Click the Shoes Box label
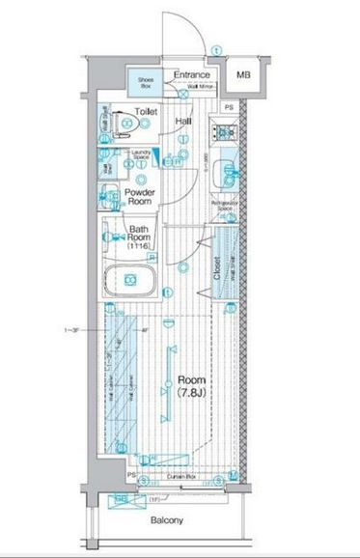145,81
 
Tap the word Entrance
191,74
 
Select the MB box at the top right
243,74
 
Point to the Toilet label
145,112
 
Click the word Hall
183,121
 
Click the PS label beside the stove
229,107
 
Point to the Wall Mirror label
202,87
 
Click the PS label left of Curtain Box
131,476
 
